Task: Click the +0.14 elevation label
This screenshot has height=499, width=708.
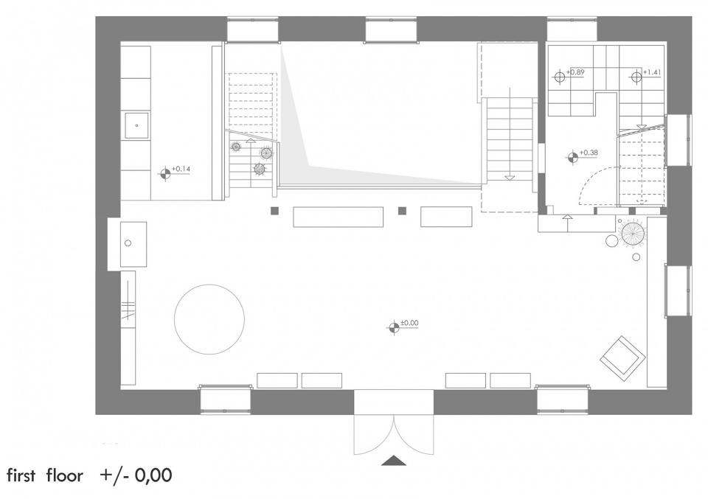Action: click(x=181, y=170)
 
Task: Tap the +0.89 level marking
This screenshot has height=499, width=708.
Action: click(x=575, y=72)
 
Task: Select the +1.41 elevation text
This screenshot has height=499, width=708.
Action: click(x=651, y=72)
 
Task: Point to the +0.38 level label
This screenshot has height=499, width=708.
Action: click(x=589, y=153)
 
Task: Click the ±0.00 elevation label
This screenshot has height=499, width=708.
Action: click(x=409, y=323)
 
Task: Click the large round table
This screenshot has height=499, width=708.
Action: click(x=209, y=319)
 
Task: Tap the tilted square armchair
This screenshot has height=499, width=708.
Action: click(x=621, y=356)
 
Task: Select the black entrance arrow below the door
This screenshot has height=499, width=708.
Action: click(x=394, y=460)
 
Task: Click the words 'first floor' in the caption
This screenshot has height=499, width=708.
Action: click(x=45, y=476)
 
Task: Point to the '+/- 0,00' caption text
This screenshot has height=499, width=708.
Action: click(x=136, y=475)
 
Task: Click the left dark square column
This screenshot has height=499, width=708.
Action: click(x=275, y=211)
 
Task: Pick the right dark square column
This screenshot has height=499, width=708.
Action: click(x=403, y=211)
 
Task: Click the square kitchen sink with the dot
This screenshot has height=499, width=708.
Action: click(x=137, y=125)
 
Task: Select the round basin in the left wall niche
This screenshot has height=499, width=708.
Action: click(x=128, y=243)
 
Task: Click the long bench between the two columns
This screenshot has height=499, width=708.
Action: click(x=339, y=217)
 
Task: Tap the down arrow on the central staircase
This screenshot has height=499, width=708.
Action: click(x=510, y=178)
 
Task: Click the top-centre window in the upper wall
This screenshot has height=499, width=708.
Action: click(x=391, y=30)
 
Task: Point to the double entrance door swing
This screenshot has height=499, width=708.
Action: click(x=394, y=435)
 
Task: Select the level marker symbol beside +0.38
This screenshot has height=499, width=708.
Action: click(x=572, y=158)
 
